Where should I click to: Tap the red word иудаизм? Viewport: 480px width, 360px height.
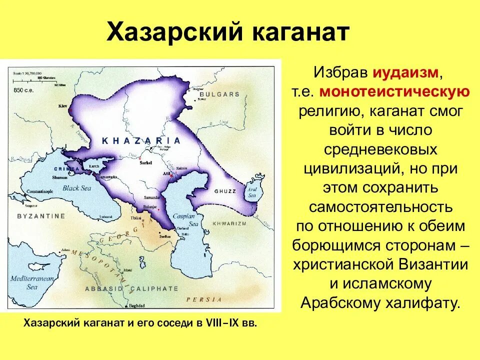click(405, 73)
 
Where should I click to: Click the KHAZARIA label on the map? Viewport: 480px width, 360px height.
click(141, 141)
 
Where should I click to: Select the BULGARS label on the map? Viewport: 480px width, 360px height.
click(219, 94)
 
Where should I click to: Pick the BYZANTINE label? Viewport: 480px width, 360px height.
click(41, 216)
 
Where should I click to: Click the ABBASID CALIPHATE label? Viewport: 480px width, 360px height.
click(131, 288)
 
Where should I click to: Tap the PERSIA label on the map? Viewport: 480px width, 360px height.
click(203, 299)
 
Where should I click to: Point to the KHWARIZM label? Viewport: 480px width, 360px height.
click(230, 223)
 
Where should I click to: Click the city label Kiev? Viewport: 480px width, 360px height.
click(62, 106)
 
